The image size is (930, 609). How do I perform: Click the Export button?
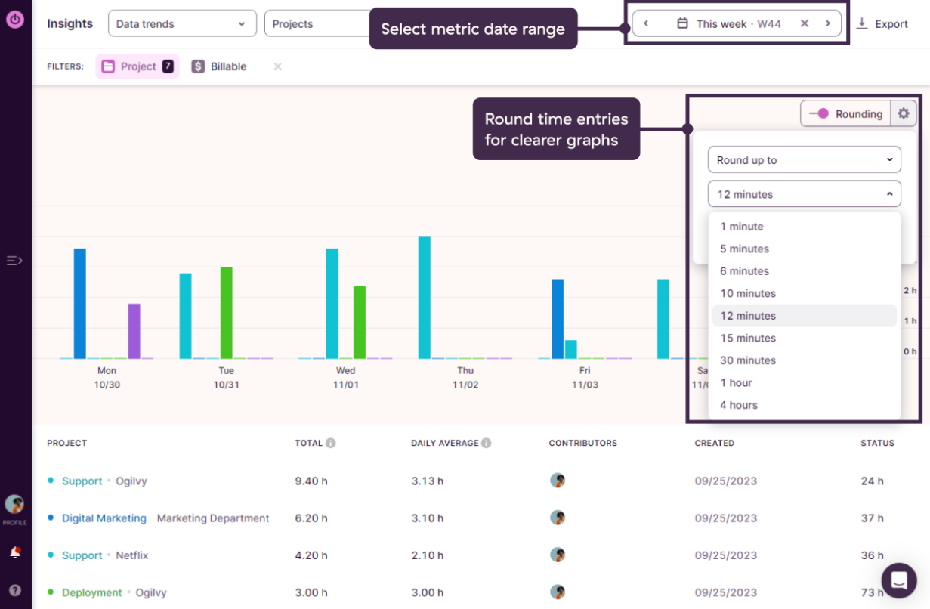tap(882, 24)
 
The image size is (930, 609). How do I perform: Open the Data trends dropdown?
tap(181, 24)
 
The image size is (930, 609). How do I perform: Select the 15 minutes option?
tap(748, 338)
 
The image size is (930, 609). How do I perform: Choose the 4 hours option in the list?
tap(739, 405)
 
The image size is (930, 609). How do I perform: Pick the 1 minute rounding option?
tap(742, 227)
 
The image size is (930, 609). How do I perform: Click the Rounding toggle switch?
tap(819, 114)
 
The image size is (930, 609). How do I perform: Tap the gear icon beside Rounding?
tap(904, 114)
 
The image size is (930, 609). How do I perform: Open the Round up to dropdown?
tap(804, 160)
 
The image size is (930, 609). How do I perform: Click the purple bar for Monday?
tap(134, 331)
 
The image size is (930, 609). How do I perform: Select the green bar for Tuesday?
tap(226, 313)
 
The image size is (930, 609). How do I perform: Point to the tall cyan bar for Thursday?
tap(425, 298)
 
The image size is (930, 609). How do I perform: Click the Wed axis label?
tap(345, 371)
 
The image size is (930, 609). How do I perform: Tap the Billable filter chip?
tap(219, 66)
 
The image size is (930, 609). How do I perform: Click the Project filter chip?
tap(137, 66)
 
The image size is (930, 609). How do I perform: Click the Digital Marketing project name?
tap(104, 518)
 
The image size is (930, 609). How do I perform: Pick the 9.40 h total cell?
tap(311, 481)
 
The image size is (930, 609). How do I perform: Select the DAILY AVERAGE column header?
tap(445, 443)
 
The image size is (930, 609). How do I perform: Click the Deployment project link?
tap(91, 592)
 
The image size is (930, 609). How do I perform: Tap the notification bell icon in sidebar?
tap(14, 552)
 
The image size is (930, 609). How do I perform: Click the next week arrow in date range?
tap(828, 23)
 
